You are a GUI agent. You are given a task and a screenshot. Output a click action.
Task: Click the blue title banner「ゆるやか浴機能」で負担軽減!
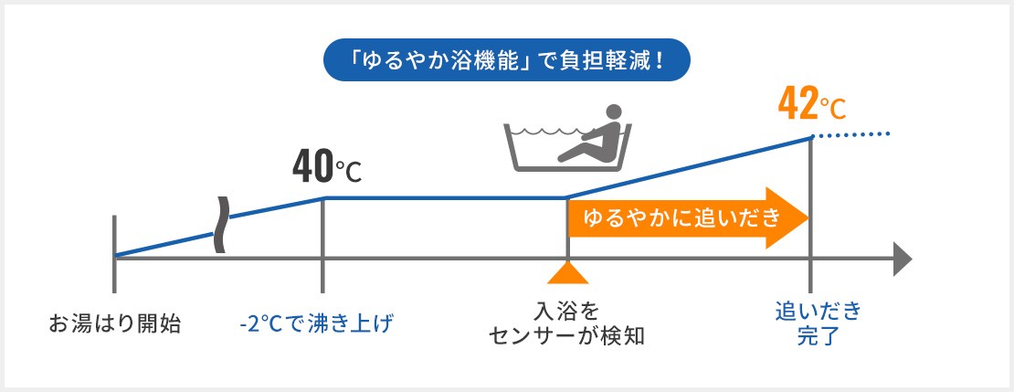507,59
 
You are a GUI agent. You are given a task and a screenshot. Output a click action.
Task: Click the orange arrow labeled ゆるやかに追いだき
688,218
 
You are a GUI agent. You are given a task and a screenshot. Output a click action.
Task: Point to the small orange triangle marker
568,273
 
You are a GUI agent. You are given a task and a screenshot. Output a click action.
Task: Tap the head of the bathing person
612,112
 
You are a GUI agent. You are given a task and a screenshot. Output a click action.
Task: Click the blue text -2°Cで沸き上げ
316,323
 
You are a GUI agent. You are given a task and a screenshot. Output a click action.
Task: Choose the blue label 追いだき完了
819,324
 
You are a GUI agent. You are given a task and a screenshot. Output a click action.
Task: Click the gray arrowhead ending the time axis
903,259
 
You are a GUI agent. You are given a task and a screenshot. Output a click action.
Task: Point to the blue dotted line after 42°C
852,134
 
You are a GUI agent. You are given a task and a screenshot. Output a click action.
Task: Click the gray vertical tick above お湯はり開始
114,254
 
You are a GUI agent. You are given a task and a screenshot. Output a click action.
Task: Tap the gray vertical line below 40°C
322,245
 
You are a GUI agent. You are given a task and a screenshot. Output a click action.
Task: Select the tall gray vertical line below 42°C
809,216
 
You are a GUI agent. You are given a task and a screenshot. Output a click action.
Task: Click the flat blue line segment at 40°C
445,198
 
